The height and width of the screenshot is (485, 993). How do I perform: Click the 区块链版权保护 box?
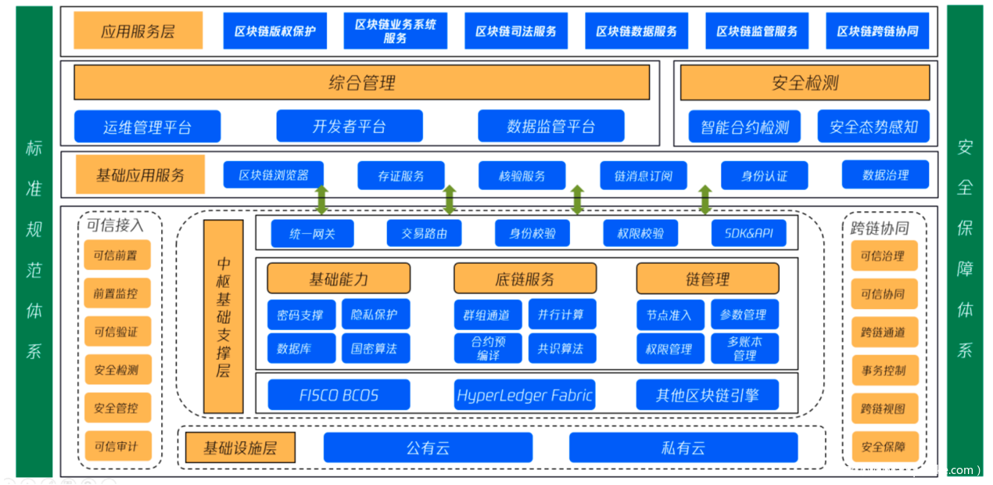[274, 31]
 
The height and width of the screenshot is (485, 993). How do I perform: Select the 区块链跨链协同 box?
[877, 31]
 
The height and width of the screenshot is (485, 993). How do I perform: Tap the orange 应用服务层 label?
[138, 31]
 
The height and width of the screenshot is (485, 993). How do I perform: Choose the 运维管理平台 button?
[147, 127]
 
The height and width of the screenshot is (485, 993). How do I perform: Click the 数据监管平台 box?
[550, 126]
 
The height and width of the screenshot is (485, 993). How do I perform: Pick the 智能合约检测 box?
[744, 127]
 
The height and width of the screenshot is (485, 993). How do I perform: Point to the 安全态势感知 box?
[873, 127]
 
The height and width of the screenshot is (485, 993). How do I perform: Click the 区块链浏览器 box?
[274, 175]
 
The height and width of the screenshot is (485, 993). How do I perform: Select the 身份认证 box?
[764, 175]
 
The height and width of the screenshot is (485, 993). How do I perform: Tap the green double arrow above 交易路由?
[450, 200]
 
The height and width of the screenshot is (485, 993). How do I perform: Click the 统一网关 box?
[312, 233]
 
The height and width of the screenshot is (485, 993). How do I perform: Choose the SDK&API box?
[748, 233]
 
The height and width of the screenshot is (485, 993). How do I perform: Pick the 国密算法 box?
[375, 348]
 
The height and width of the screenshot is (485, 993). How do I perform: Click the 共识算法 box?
[561, 348]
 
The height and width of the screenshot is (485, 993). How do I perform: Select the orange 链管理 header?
[707, 278]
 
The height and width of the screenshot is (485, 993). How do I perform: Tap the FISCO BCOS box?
[339, 395]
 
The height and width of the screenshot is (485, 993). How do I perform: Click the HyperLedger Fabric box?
[524, 395]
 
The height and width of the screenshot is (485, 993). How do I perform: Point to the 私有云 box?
[683, 448]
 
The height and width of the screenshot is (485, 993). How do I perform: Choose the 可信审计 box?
[117, 446]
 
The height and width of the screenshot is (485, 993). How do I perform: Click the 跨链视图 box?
[884, 408]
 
